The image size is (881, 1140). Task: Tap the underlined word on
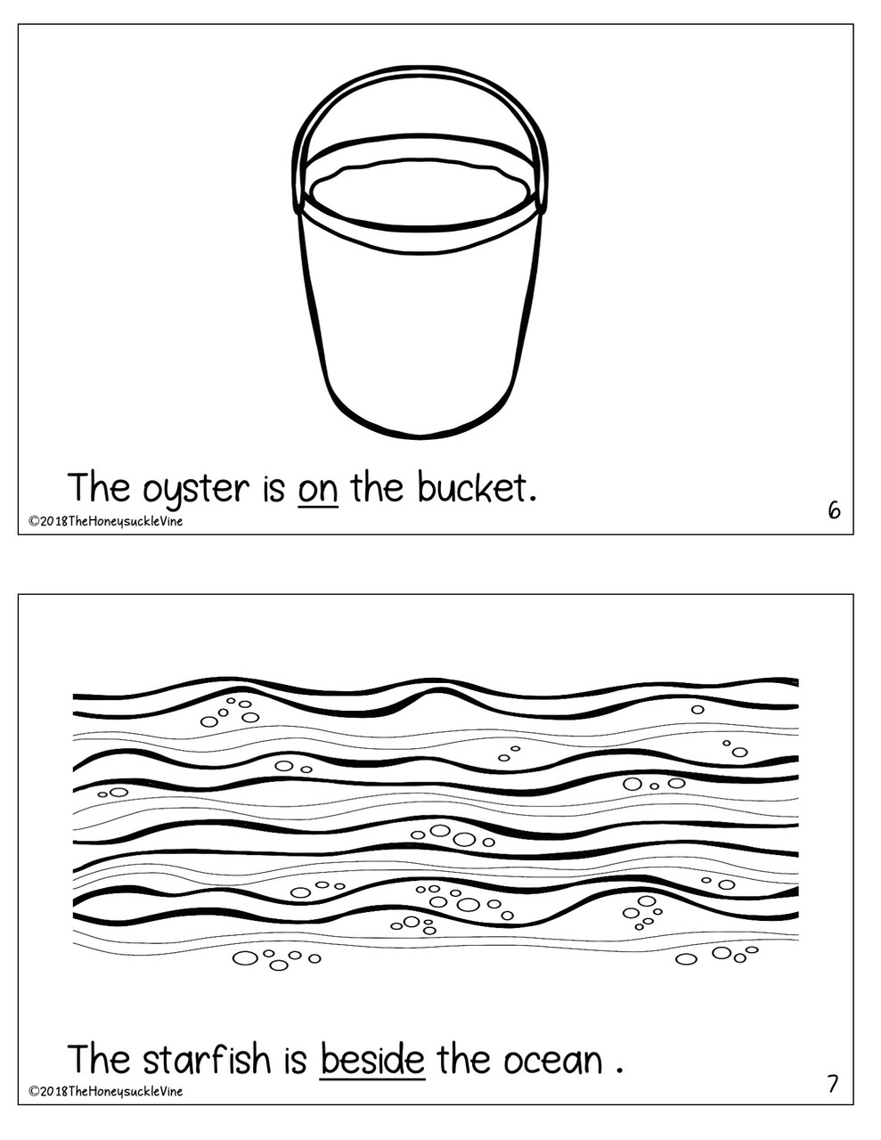tap(318, 489)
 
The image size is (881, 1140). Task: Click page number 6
tap(834, 510)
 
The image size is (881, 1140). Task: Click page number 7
tap(833, 1084)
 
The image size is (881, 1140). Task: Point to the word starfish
tap(206, 1060)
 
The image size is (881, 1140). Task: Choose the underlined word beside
tap(372, 1060)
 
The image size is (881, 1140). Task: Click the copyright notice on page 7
tap(105, 1091)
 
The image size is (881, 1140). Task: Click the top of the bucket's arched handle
tap(420, 71)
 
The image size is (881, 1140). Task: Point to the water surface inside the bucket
tap(420, 191)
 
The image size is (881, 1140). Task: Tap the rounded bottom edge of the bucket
tap(420, 434)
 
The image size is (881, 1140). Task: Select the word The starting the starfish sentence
tap(100, 1060)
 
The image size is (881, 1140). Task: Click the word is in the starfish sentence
tap(295, 1060)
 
